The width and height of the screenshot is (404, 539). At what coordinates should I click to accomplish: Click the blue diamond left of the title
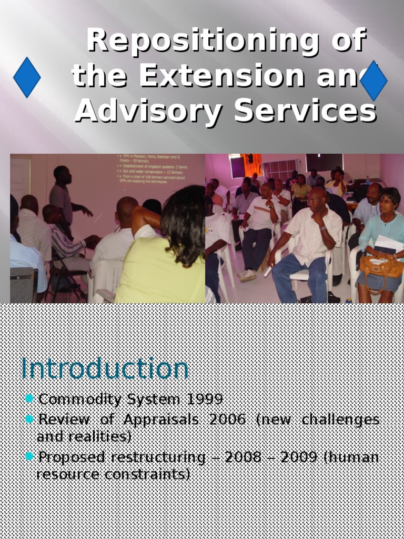coord(27,77)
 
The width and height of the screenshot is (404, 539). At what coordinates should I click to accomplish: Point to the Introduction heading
coord(105,368)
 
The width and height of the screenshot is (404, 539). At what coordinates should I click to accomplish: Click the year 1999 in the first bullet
coord(205,399)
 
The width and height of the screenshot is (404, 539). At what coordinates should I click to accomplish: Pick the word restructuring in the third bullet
coord(158,457)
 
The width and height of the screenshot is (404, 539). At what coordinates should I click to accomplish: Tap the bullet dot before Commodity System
coord(29,398)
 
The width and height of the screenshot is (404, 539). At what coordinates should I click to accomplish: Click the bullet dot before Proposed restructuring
coord(29,456)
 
